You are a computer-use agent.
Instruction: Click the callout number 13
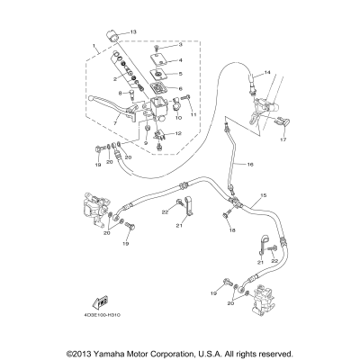pyautogui.click(x=134, y=32)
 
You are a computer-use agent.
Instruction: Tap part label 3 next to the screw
pyautogui.click(x=180, y=44)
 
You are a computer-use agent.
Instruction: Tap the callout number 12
pyautogui.click(x=178, y=133)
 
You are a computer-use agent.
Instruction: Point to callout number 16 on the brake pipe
pyautogui.click(x=250, y=165)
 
